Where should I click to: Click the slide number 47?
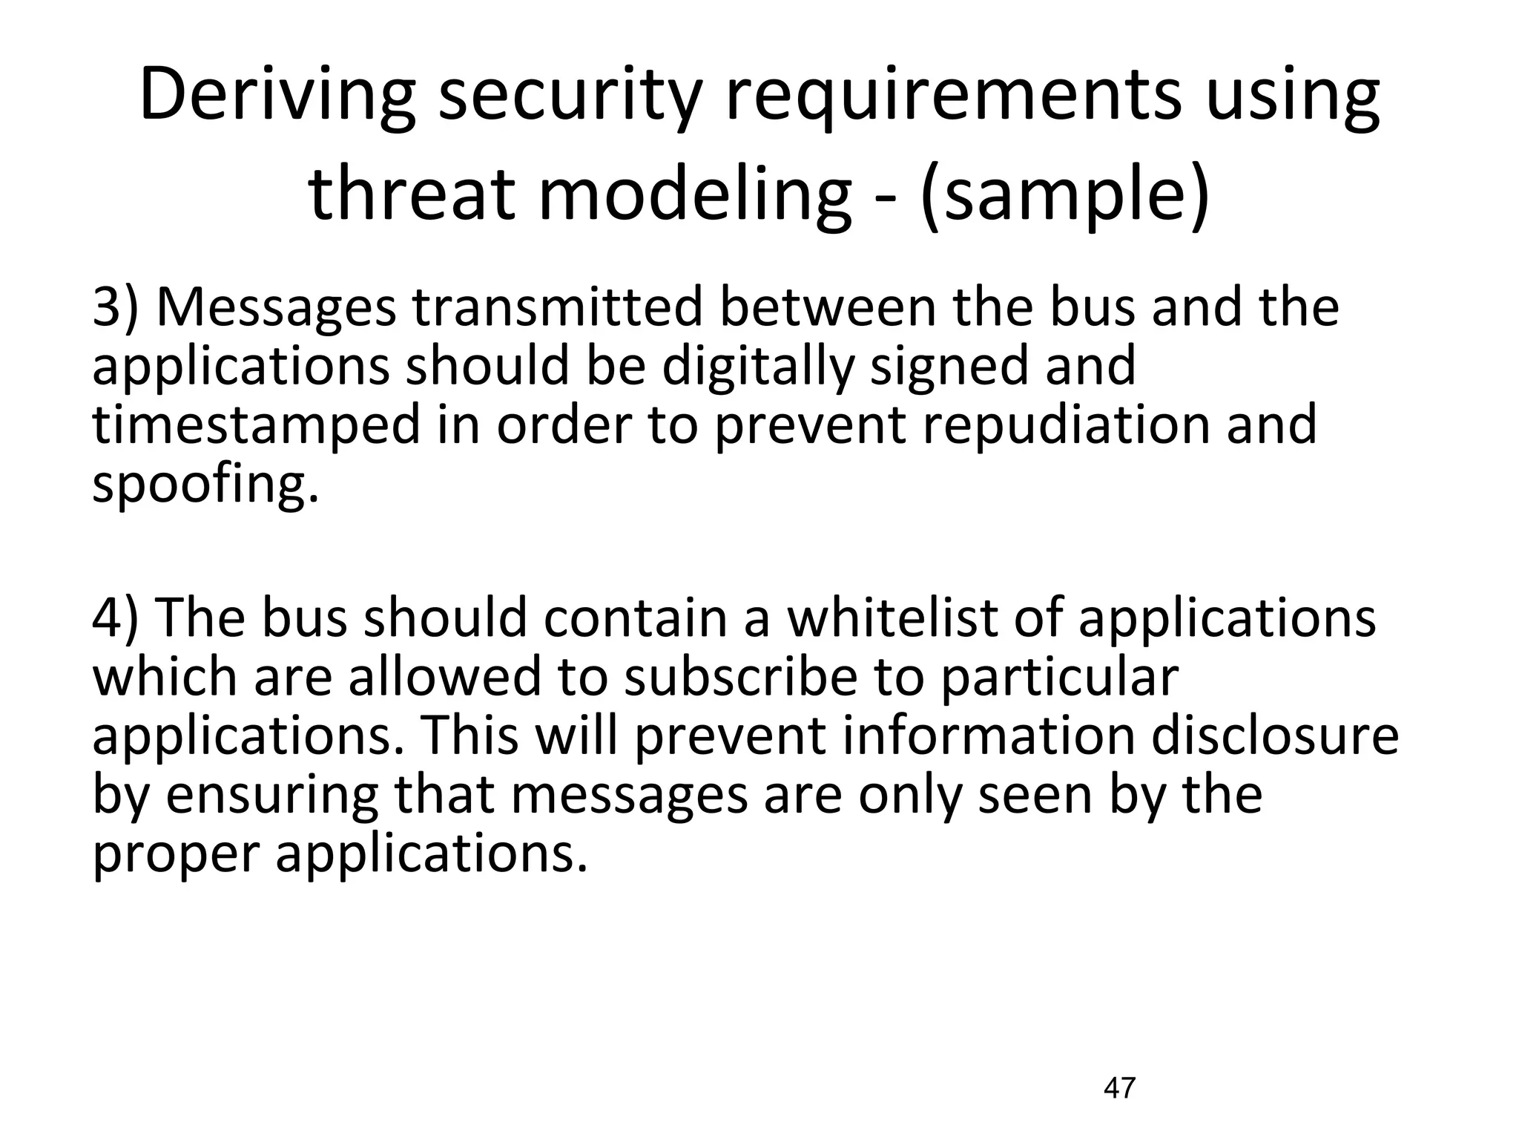(x=1119, y=1088)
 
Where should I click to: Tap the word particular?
(x=1059, y=677)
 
